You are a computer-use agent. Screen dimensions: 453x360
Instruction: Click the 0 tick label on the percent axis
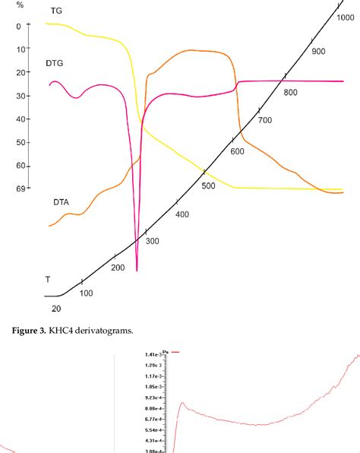(17, 26)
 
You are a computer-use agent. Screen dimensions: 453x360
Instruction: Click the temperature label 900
(318, 51)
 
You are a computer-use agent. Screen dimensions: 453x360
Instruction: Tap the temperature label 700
(264, 120)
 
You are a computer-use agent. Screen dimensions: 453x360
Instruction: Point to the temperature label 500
(208, 186)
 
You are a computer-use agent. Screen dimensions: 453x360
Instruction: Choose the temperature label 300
(153, 241)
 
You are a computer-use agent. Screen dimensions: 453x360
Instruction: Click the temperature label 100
(86, 293)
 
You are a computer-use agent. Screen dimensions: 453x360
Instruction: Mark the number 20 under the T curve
(55, 308)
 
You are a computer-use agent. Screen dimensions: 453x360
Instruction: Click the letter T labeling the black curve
(48, 280)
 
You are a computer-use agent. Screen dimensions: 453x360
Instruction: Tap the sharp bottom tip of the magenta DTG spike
(137, 270)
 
